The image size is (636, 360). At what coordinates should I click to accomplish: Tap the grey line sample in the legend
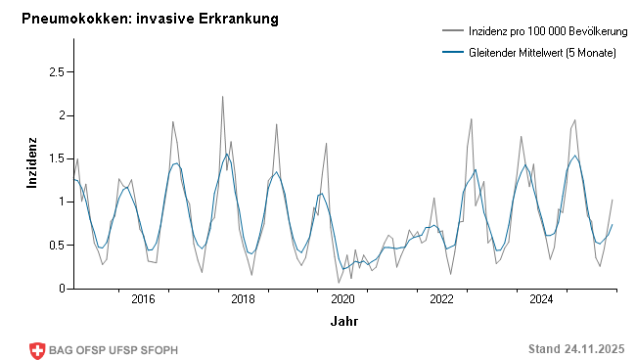[x=453, y=32]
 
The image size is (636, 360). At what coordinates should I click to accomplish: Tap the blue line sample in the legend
[x=453, y=52]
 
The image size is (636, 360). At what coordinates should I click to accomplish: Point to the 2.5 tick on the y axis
[x=55, y=72]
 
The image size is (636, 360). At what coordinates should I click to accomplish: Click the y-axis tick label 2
[x=60, y=115]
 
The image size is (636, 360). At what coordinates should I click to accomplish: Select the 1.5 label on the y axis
[x=55, y=158]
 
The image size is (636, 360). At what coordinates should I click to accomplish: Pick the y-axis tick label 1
[x=60, y=202]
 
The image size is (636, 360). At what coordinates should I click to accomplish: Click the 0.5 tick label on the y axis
[x=55, y=245]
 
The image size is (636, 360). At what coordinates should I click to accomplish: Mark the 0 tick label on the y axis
[x=60, y=288]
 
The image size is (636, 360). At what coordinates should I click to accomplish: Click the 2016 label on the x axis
[x=143, y=299]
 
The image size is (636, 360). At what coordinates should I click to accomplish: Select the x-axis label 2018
[x=243, y=299]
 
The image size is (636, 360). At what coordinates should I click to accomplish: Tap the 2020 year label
[x=342, y=299]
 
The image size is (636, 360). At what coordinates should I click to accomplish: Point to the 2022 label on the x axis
[x=442, y=299]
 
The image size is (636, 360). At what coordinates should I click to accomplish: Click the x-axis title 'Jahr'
[x=343, y=321]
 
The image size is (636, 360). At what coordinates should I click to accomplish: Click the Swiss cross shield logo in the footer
[x=38, y=350]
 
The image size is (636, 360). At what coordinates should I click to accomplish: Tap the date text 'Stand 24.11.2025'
[x=575, y=349]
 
